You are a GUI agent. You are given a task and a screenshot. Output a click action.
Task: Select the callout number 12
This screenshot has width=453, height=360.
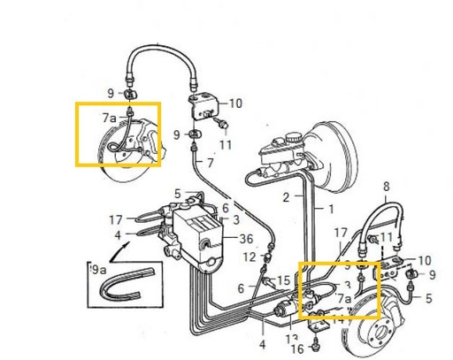(250, 257)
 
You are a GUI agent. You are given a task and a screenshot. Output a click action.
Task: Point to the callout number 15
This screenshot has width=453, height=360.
(282, 280)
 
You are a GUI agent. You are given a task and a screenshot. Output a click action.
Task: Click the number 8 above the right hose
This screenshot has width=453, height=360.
(386, 187)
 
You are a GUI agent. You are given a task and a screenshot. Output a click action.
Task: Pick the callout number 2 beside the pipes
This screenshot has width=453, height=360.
(286, 196)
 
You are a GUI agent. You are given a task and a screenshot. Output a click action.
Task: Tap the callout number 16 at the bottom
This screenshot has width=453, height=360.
(297, 349)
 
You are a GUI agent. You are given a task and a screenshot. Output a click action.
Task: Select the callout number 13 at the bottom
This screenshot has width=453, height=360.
(291, 338)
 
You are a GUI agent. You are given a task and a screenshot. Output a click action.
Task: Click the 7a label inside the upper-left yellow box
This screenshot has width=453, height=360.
(108, 117)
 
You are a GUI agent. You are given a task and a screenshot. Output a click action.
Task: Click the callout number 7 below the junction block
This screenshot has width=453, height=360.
(210, 163)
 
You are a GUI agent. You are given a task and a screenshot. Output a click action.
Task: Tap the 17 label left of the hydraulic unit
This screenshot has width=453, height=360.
(116, 219)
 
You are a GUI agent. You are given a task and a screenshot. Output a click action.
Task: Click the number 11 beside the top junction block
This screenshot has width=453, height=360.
(226, 144)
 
